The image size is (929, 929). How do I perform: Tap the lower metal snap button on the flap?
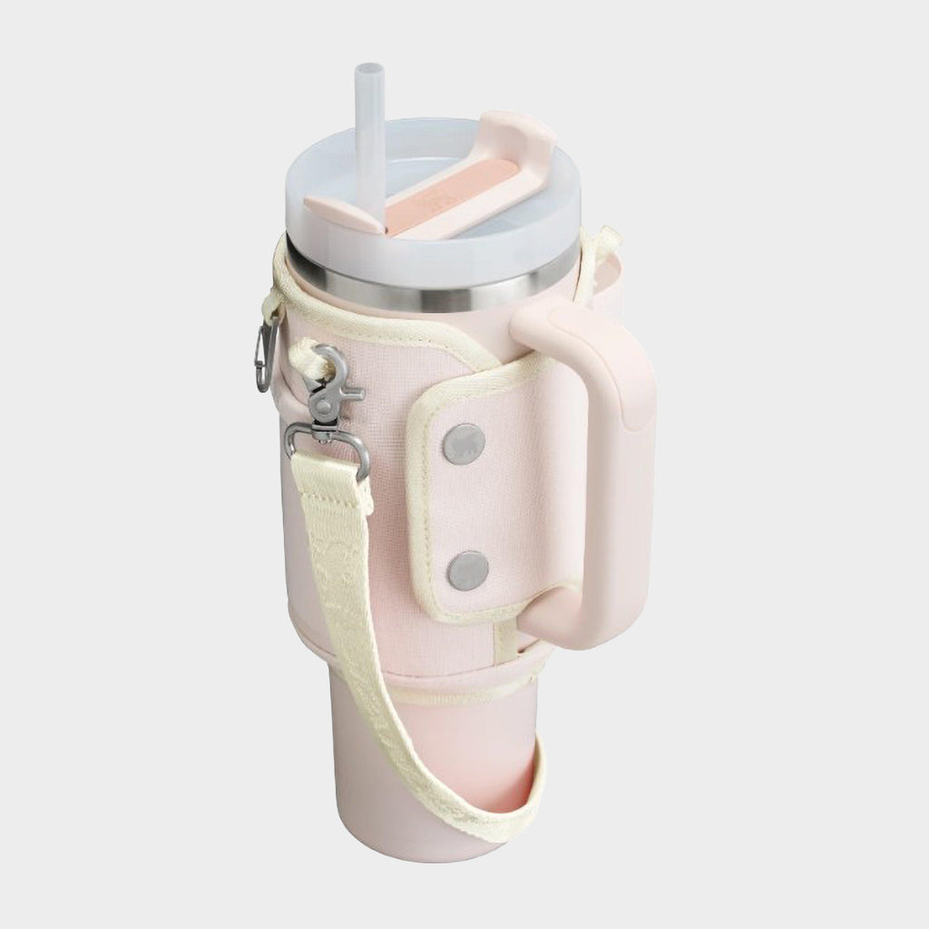click(468, 569)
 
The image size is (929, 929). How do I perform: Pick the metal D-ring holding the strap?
click(327, 449)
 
